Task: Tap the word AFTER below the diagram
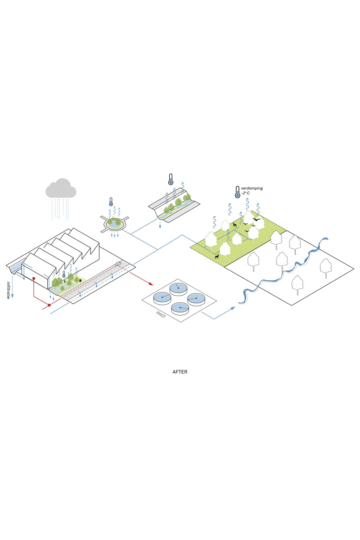[180, 372]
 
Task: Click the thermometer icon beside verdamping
[237, 192]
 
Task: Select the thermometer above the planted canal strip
[171, 179]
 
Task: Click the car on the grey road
[118, 264]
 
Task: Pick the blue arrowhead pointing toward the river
[233, 308]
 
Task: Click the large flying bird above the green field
[256, 220]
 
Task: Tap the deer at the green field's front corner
[217, 257]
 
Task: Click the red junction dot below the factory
[49, 306]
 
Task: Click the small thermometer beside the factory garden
[64, 274]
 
